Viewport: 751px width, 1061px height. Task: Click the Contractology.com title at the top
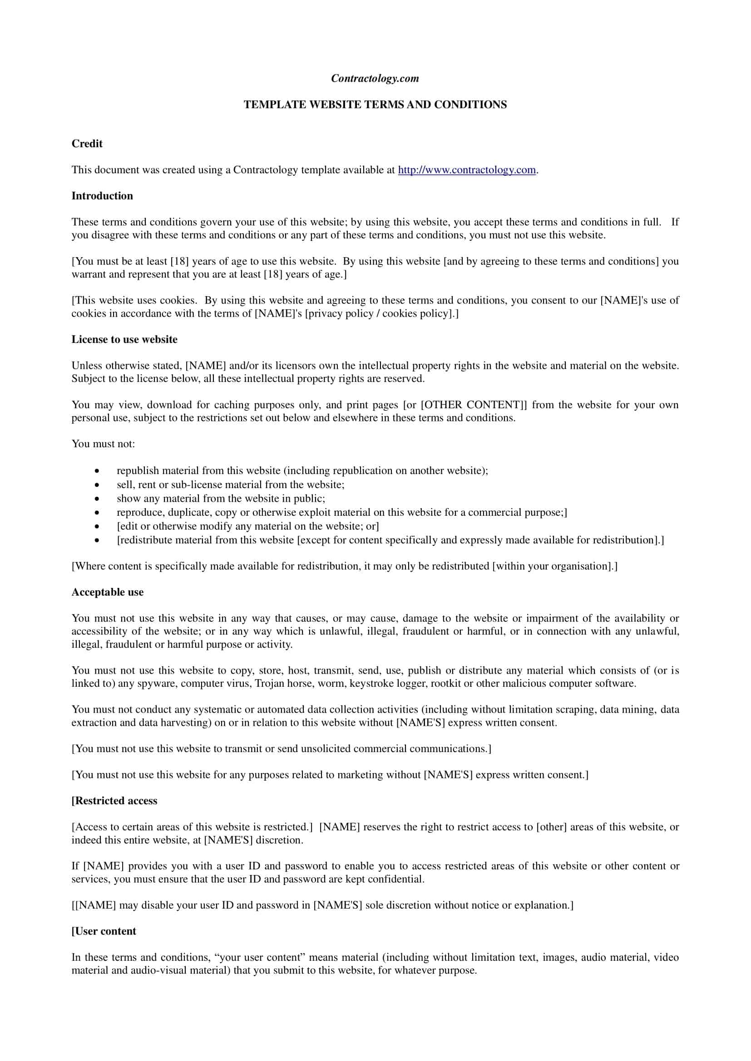(x=375, y=78)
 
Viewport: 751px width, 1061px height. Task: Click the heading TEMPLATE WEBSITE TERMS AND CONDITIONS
(x=375, y=105)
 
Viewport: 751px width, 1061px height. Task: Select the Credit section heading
(x=87, y=144)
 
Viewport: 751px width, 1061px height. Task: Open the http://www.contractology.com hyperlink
(x=467, y=170)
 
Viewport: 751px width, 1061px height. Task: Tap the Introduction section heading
(x=102, y=196)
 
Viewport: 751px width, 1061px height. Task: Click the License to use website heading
(x=124, y=340)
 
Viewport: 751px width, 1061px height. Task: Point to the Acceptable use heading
(x=107, y=592)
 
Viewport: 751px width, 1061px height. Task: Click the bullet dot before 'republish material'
(x=97, y=471)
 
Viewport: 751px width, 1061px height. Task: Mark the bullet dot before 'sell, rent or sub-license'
(x=97, y=485)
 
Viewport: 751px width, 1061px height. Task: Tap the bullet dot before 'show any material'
(x=97, y=499)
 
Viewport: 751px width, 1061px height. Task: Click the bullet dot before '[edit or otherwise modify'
(x=97, y=527)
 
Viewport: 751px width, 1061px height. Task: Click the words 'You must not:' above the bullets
(x=103, y=444)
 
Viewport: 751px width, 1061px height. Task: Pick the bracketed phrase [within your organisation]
(x=554, y=567)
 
